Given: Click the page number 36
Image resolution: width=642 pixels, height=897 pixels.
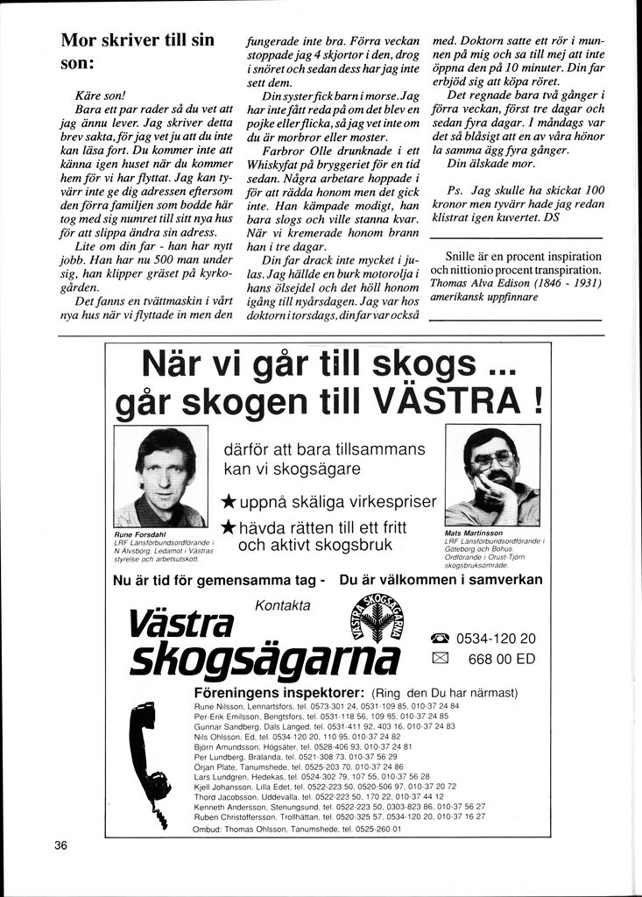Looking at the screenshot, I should pyautogui.click(x=60, y=846).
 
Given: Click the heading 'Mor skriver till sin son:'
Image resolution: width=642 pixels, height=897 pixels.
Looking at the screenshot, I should pyautogui.click(x=138, y=52).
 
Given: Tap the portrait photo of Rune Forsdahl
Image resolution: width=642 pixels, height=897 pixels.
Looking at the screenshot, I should pyautogui.click(x=161, y=477).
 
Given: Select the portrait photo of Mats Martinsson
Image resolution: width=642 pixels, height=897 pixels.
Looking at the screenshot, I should pyautogui.click(x=491, y=476).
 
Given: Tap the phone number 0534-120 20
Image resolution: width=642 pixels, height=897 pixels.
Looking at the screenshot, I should pyautogui.click(x=496, y=639).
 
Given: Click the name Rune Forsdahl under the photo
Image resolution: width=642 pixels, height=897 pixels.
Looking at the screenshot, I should pyautogui.click(x=140, y=533).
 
